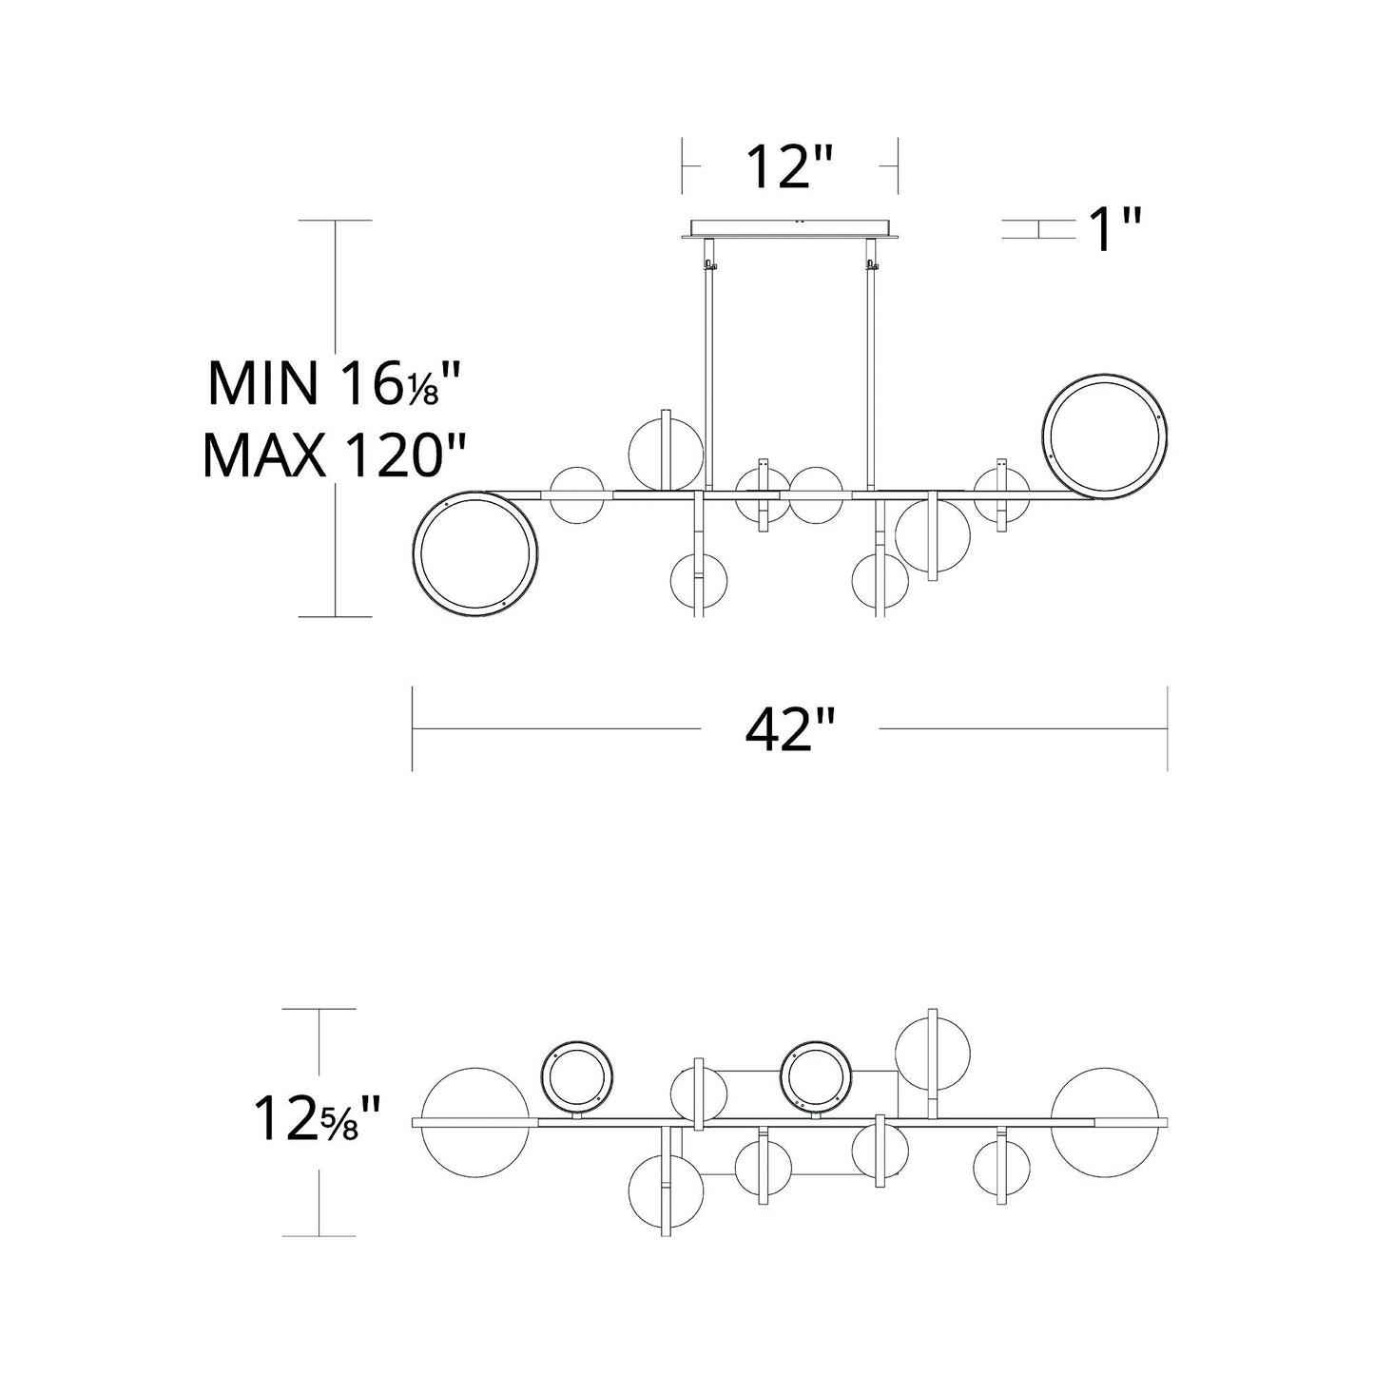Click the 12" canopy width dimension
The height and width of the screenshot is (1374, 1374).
(789, 166)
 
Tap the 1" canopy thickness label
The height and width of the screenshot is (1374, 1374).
(1114, 231)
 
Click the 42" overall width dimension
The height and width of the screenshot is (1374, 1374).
(789, 730)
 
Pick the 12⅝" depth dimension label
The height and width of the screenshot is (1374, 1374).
(318, 1119)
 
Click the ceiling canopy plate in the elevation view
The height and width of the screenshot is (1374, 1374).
(789, 228)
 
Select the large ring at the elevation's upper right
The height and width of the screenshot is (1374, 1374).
(1105, 435)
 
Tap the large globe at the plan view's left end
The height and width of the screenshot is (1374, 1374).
(474, 1122)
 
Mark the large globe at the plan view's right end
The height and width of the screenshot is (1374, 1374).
(1106, 1122)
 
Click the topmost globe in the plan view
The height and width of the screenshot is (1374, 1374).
(933, 1055)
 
